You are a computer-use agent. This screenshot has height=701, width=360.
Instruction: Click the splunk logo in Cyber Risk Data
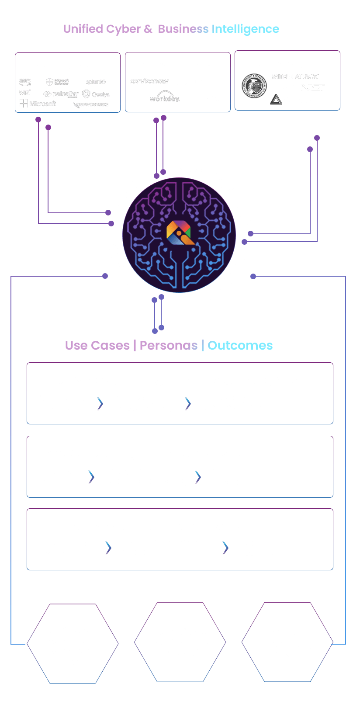[96, 82]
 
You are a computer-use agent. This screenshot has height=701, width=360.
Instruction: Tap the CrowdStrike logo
[91, 105]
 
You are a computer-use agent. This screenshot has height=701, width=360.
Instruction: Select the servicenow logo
[149, 81]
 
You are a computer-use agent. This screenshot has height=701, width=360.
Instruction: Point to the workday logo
[164, 97]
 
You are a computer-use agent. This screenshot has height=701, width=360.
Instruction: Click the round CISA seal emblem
[254, 86]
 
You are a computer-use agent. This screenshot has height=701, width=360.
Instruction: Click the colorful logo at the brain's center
[179, 233]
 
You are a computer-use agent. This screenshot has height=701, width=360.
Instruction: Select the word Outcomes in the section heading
[240, 346]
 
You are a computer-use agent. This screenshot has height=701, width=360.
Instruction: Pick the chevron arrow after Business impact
[91, 477]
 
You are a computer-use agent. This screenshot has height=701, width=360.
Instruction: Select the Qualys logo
[97, 94]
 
